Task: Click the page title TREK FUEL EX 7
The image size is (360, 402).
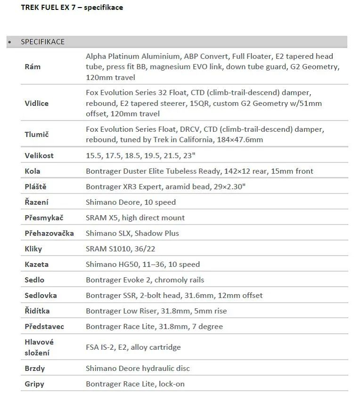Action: click(x=72, y=8)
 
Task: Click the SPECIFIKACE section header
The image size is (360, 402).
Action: click(x=42, y=42)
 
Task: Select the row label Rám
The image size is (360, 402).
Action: click(x=33, y=67)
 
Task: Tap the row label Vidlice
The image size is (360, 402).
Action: click(x=36, y=103)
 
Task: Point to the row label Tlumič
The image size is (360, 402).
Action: click(x=37, y=134)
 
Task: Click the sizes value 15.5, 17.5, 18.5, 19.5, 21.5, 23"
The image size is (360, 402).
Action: click(x=140, y=156)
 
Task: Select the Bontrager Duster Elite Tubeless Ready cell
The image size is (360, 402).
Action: click(x=199, y=171)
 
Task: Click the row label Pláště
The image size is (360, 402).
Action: click(x=35, y=187)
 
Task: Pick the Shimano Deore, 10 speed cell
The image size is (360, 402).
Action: click(x=131, y=202)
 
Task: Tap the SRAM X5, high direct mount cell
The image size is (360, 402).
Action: click(x=135, y=218)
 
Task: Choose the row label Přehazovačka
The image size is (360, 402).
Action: click(x=49, y=233)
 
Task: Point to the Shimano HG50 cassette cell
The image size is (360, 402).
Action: click(x=142, y=265)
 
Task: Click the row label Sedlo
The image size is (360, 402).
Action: click(x=34, y=280)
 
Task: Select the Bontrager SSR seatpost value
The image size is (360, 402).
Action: click(x=174, y=296)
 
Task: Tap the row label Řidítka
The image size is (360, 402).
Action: click(x=37, y=311)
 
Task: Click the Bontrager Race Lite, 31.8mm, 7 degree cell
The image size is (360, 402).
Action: click(x=154, y=327)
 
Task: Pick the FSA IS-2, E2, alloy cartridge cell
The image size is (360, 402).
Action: click(x=133, y=347)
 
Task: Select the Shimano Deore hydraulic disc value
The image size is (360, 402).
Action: click(x=138, y=369)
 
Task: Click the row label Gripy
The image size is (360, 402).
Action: click(x=34, y=384)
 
